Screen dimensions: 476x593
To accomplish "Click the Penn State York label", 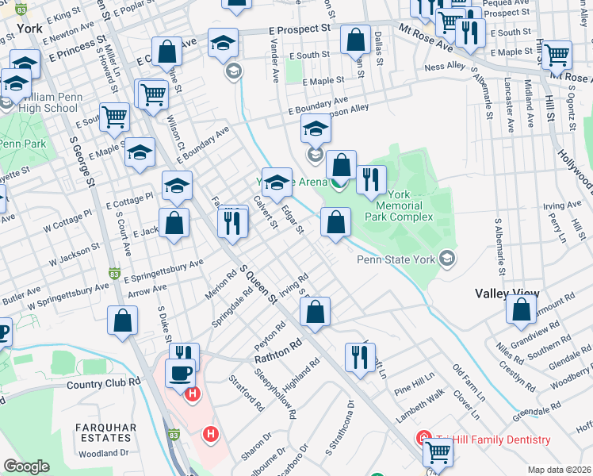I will coord(396,259).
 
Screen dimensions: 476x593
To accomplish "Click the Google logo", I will coord(26,466).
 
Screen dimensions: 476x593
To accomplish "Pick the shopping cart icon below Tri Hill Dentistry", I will coord(438,451).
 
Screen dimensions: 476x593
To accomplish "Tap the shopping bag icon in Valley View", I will coord(521,311).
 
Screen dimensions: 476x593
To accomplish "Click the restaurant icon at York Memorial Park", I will coord(371,180).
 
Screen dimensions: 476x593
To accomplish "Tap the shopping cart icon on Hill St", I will coord(557,55).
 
